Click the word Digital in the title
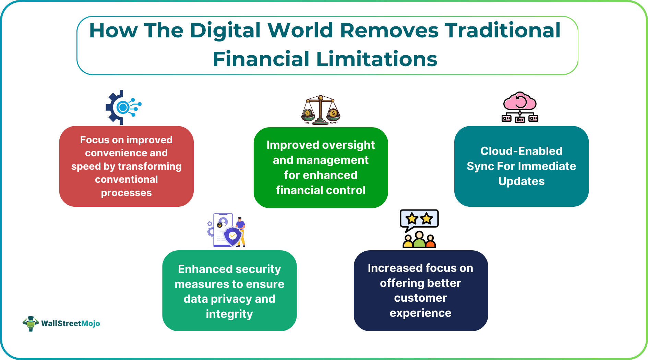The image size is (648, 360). click(225, 31)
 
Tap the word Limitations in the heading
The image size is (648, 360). click(376, 59)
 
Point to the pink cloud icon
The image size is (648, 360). click(519, 101)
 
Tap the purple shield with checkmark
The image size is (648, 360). click(232, 236)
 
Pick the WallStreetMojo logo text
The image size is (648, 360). click(70, 323)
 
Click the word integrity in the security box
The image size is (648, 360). click(229, 314)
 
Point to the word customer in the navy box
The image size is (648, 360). click(420, 298)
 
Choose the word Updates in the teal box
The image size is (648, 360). click(521, 181)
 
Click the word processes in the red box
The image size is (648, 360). click(126, 193)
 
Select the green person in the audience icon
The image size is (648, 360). click(419, 240)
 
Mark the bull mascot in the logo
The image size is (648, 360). click(31, 323)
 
